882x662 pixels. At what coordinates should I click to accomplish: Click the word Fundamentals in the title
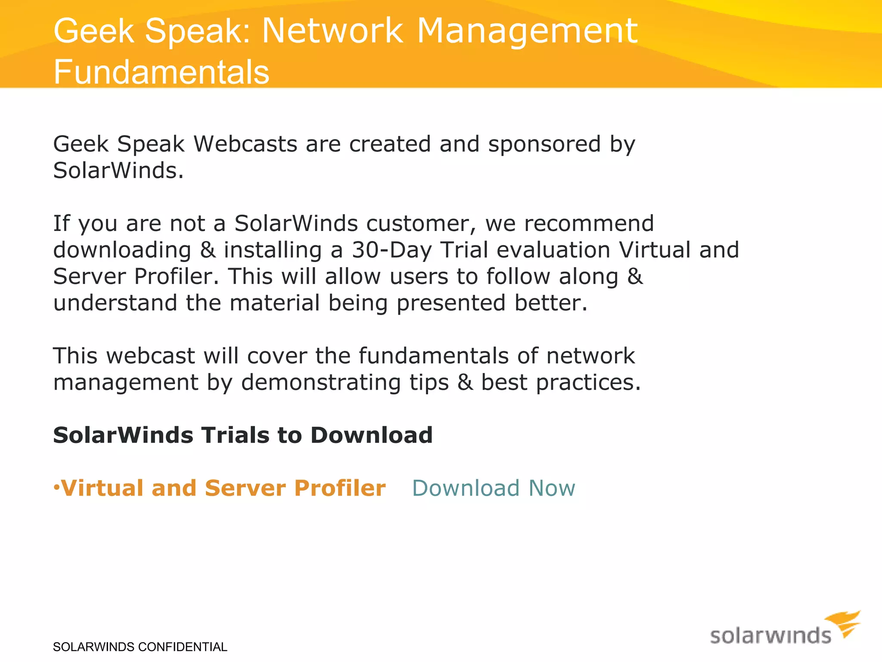click(x=161, y=72)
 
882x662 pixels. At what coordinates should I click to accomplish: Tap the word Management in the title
click(x=527, y=31)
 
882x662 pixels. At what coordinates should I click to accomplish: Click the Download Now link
click(x=494, y=488)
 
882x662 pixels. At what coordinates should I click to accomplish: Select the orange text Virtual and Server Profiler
click(x=223, y=488)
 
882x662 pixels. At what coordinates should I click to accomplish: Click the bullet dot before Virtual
click(x=56, y=487)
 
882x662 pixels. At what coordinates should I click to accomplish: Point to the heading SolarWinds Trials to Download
click(x=242, y=435)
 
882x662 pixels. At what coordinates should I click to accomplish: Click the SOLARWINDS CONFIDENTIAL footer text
click(x=140, y=647)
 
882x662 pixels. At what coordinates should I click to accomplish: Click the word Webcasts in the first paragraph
click(x=245, y=144)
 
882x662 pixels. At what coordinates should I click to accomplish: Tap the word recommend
click(x=589, y=224)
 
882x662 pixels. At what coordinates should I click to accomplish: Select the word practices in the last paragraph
click(x=588, y=383)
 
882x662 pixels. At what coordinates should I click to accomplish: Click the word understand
click(x=115, y=303)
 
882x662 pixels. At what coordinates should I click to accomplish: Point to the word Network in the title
click(x=332, y=31)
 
